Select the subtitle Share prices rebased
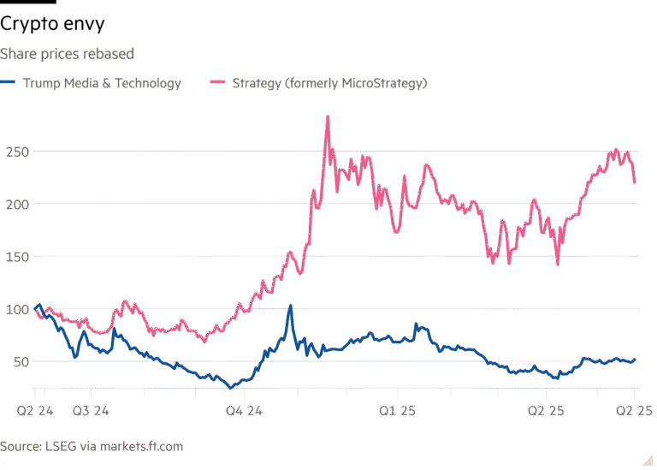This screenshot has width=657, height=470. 67,54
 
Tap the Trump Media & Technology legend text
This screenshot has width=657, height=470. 102,83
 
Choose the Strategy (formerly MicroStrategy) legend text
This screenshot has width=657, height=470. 329,83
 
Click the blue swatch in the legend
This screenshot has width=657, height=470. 9,83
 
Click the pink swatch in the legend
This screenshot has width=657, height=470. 217,83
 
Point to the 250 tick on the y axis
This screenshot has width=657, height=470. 15,152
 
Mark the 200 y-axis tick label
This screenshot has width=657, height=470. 15,204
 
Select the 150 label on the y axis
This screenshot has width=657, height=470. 15,256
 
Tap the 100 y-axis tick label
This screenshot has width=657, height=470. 15,308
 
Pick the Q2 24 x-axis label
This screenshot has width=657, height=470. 35,412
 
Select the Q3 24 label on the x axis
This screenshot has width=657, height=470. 91,412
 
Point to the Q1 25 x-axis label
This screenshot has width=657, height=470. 396,412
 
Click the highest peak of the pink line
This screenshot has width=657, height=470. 328,117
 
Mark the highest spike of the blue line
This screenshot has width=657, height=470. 290,306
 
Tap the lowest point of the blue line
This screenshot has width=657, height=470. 229,387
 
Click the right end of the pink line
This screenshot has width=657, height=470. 635,181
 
